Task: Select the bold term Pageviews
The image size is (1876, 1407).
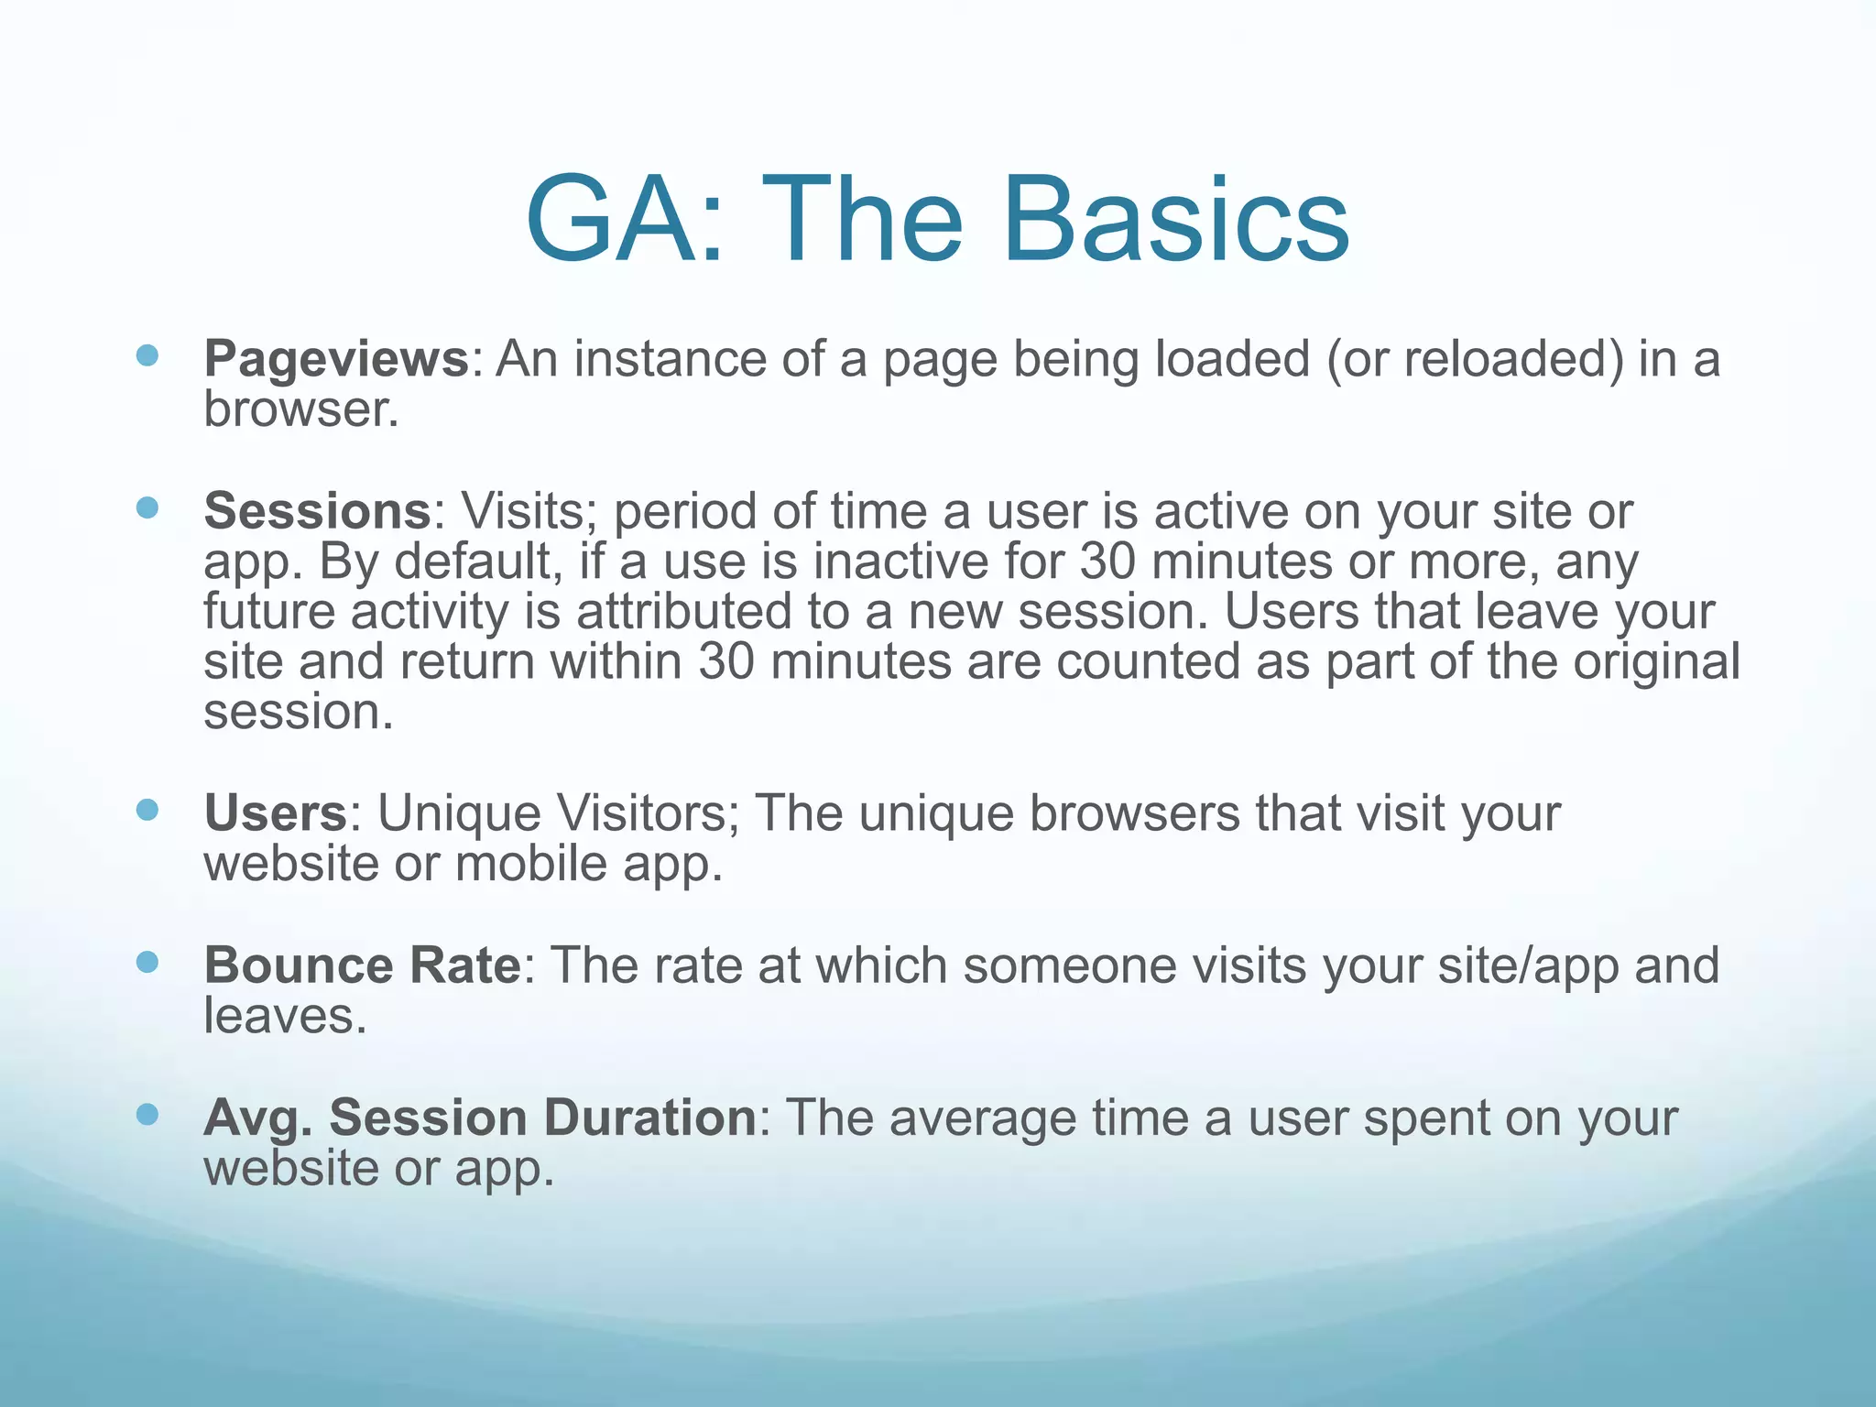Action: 335,358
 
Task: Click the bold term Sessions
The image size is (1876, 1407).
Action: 317,510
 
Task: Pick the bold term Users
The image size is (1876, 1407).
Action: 275,813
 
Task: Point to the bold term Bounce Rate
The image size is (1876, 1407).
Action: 362,965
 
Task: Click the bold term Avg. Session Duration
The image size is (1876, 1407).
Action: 480,1117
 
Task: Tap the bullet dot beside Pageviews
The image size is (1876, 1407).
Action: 147,355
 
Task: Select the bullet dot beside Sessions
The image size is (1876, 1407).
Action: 147,507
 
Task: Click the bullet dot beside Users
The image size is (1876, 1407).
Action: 147,810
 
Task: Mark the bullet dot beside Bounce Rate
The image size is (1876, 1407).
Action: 147,962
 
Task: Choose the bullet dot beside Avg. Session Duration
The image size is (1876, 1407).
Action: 147,1114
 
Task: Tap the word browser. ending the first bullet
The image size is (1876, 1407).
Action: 301,409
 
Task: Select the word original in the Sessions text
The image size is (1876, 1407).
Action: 1656,661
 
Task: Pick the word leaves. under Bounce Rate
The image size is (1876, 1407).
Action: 285,1016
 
